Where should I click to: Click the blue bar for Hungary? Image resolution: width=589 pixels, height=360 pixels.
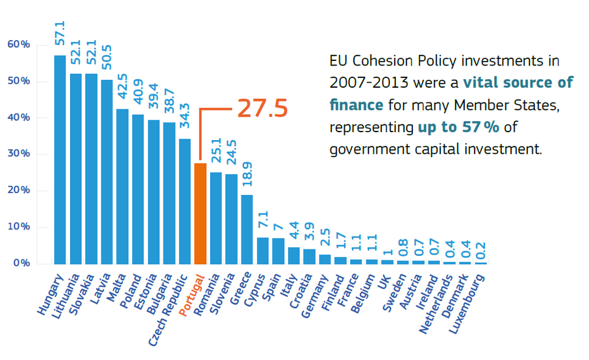point(60,160)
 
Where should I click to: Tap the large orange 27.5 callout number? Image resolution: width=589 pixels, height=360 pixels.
point(262,109)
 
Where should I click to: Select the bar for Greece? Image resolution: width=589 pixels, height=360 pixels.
point(247,229)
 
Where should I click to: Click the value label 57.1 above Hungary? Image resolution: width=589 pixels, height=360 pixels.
point(60,33)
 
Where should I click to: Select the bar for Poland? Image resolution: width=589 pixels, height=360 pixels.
point(137,189)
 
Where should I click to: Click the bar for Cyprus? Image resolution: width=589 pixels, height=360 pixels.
point(262,251)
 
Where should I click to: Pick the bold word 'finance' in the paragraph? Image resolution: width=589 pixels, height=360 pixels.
point(357,105)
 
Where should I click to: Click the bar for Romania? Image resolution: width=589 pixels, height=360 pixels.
point(216,218)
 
